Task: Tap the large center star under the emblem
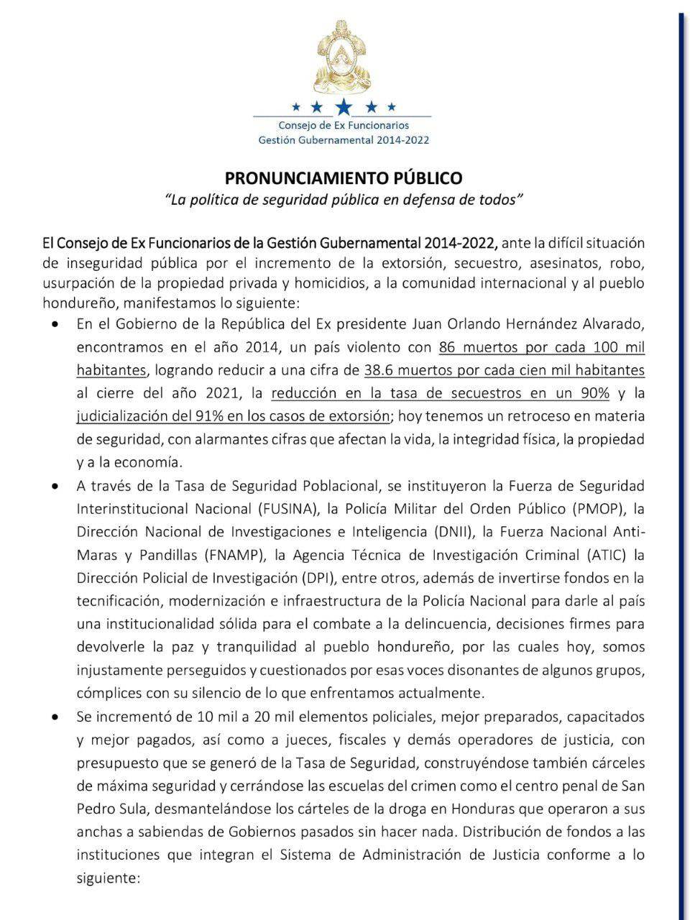344,107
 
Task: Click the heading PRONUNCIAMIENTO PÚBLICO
344,178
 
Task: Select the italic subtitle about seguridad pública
344,200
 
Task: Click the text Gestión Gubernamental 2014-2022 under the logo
344,139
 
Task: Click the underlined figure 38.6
380,371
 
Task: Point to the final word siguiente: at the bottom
109,878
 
